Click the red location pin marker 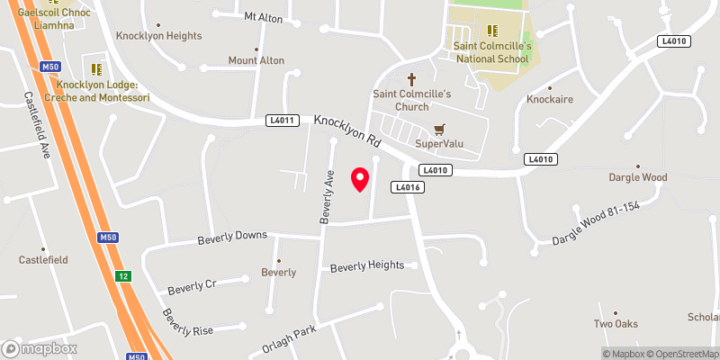360,178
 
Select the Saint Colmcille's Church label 413,100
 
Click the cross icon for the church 413,79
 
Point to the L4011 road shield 282,120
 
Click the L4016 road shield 407,186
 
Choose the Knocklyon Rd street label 348,131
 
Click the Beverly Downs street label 232,236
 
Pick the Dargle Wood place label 637,177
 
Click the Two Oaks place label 616,323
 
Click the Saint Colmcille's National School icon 492,31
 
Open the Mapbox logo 40,348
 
